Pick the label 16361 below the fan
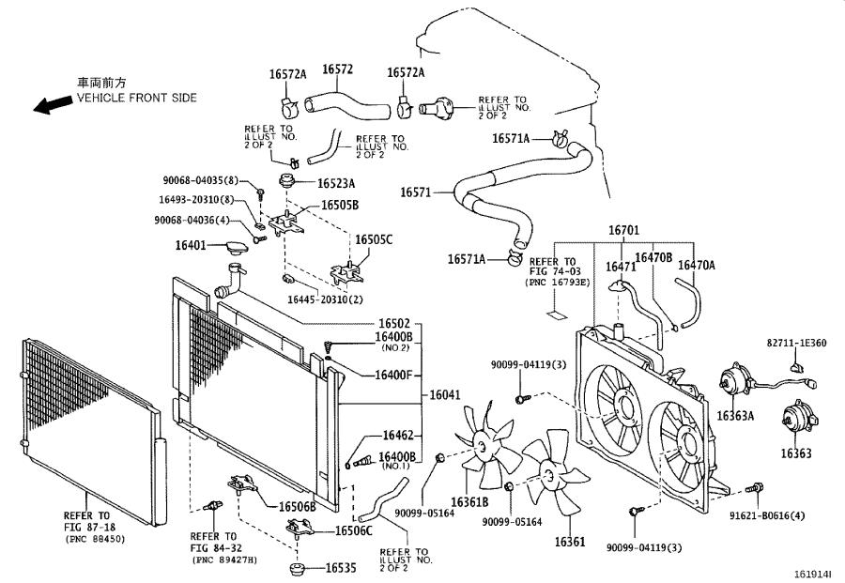[569, 542]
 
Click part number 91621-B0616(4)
[791, 515]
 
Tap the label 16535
[342, 568]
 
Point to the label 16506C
[353, 531]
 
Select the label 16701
[622, 230]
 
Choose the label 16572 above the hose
[337, 69]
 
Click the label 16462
[397, 436]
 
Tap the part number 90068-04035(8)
[200, 180]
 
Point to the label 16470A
[696, 266]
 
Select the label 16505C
[373, 239]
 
